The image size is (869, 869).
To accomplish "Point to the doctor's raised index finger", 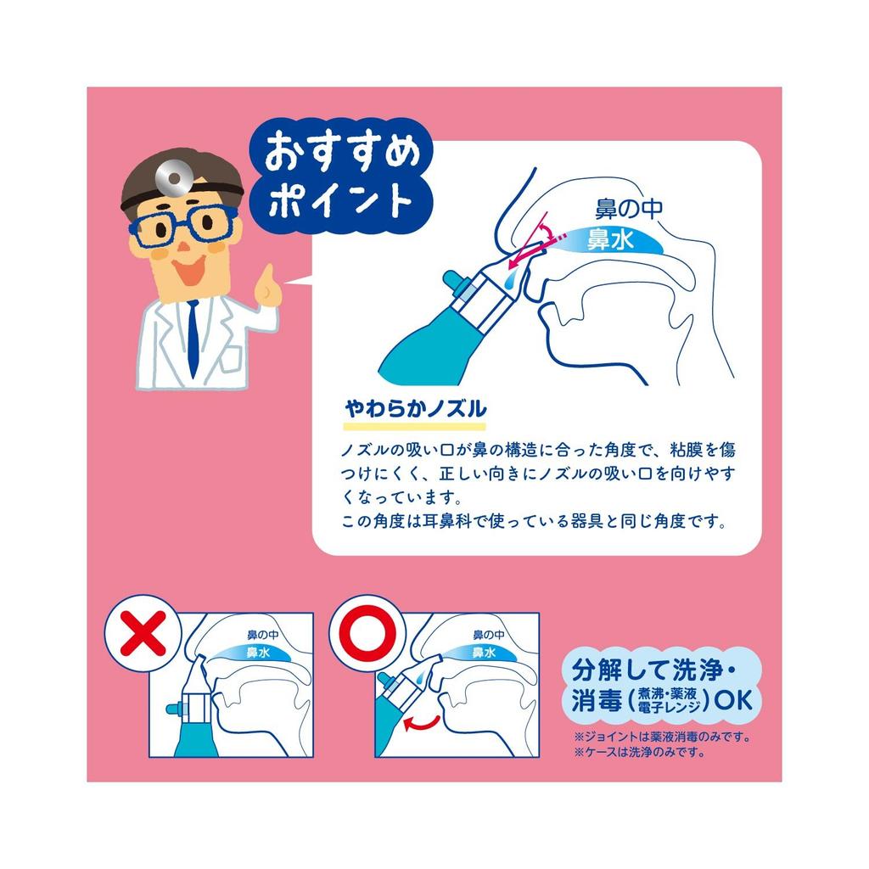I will click(x=267, y=279).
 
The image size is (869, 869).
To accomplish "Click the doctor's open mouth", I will click(x=189, y=270).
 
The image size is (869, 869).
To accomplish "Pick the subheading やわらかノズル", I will click(x=415, y=407).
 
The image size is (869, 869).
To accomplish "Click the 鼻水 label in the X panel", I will click(x=258, y=653).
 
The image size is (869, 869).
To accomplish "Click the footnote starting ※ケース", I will click(x=640, y=752).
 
